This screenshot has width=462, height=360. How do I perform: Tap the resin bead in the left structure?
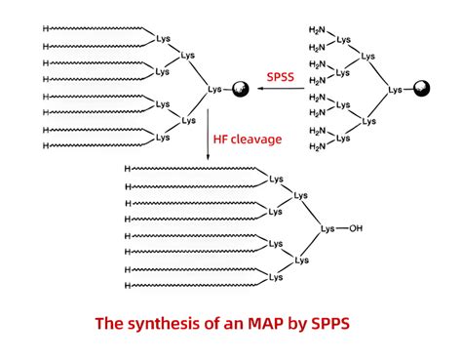point(237,91)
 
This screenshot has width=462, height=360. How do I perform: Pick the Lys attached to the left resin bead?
point(214,91)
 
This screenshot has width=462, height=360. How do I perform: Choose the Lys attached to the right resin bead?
point(395,91)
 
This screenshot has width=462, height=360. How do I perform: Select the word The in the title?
point(109,321)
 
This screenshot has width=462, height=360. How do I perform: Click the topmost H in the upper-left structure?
point(46,29)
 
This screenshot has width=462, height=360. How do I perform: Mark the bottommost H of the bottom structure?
point(128,286)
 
